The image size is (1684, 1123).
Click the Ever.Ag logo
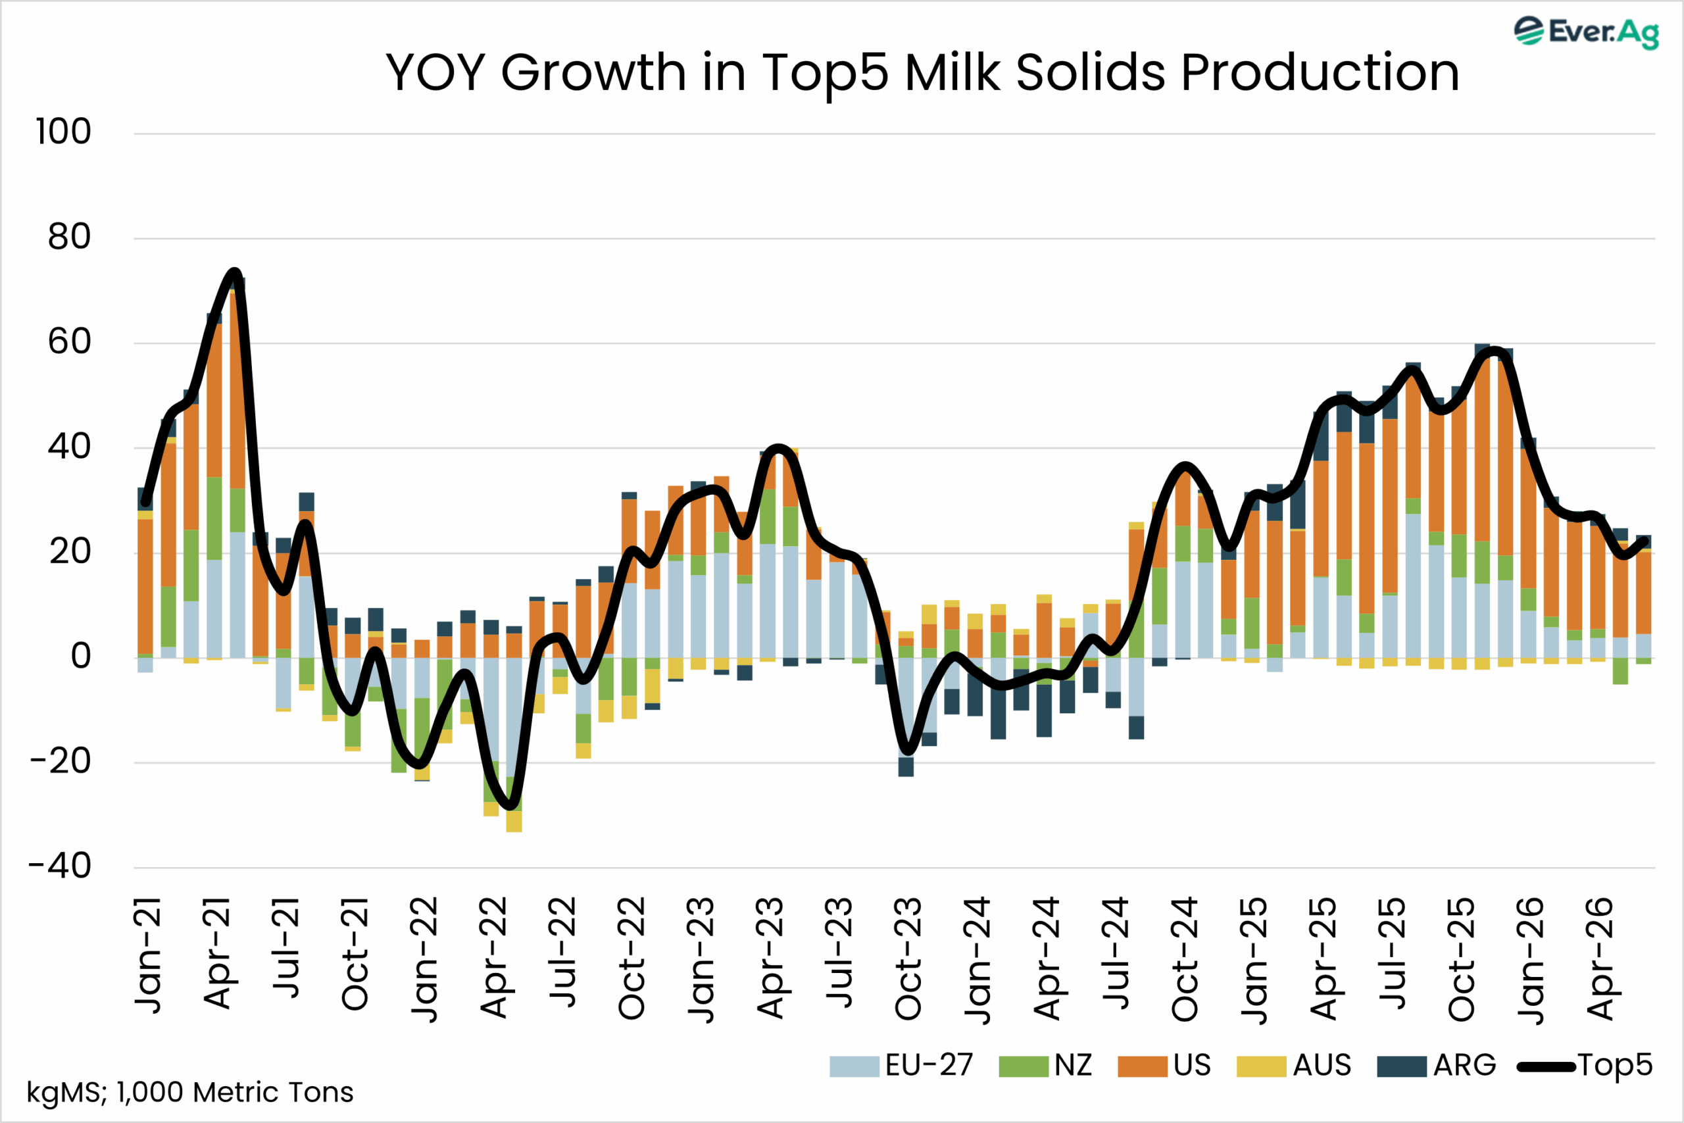[1585, 32]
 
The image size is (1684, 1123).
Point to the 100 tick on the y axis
[64, 132]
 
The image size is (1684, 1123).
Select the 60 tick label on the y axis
[70, 341]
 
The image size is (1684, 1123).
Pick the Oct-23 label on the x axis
[908, 959]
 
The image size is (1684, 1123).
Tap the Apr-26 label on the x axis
[1600, 959]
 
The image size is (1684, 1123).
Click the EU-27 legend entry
[901, 1066]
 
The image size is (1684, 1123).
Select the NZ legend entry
[1046, 1066]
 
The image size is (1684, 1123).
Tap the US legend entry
[1165, 1066]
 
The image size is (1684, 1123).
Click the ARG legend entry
[1437, 1066]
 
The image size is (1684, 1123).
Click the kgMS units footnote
[189, 1093]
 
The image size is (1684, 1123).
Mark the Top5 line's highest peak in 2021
[234, 272]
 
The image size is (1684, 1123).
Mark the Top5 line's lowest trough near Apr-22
[510, 807]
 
